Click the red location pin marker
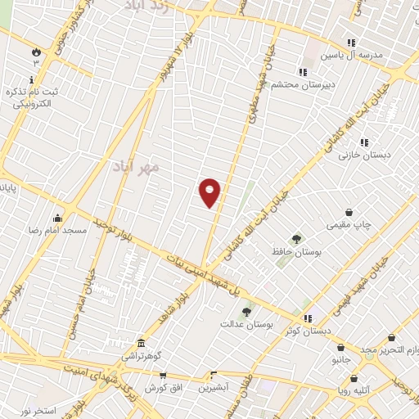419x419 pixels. [x=210, y=192]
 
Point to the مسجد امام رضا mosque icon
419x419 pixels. [x=57, y=218]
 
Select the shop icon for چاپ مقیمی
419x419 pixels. [x=349, y=211]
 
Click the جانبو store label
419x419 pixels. [x=341, y=358]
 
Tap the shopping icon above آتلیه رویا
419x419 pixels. [x=354, y=379]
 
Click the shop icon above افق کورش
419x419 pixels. [x=163, y=375]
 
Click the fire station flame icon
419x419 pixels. [x=36, y=52]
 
